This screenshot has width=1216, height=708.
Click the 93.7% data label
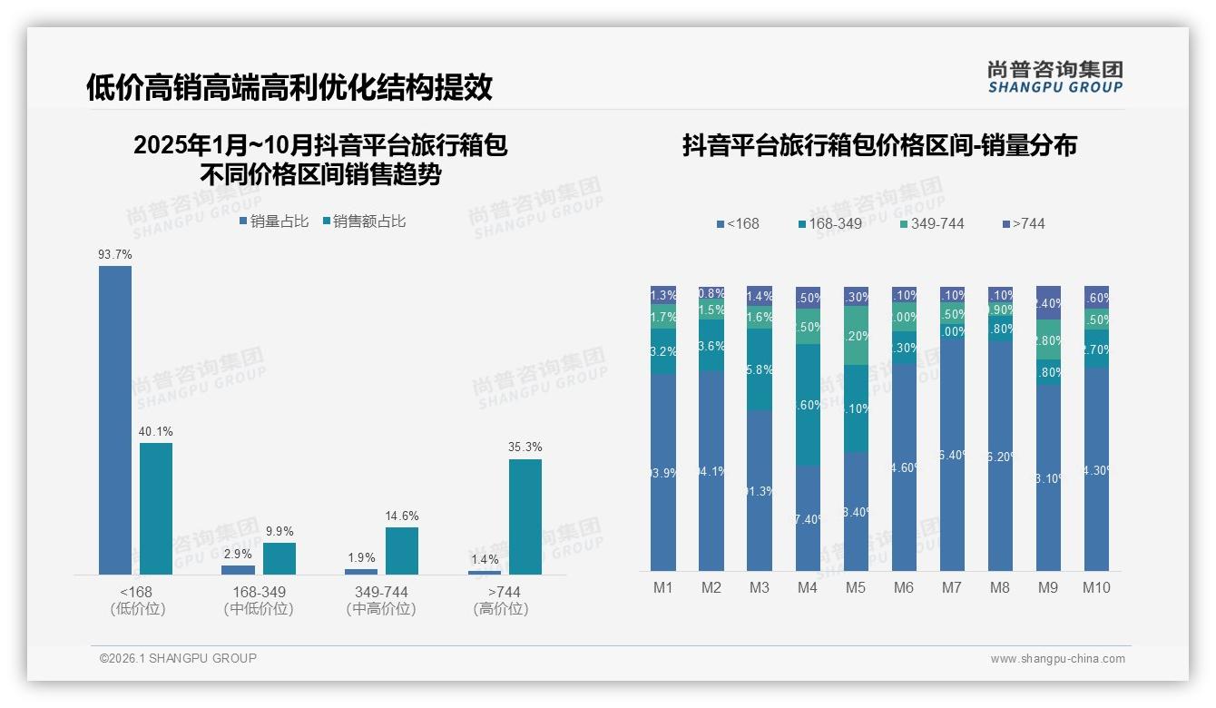pos(115,255)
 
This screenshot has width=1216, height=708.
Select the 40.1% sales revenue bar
pos(156,508)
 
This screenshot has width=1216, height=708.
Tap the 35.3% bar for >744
pos(525,516)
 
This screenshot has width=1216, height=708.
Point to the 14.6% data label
pos(402,516)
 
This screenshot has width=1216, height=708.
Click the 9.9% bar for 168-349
pos(279,558)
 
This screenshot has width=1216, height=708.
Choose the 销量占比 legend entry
pos(274,221)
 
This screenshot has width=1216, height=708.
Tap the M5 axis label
pos(856,587)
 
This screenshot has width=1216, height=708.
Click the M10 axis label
pos(1096,587)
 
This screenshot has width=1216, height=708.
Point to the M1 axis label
pos(663,587)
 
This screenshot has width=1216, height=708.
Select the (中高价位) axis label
pos(381,609)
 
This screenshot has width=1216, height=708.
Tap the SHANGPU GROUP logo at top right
pos(1054,77)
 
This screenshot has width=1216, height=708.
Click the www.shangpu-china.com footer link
pos(1057,659)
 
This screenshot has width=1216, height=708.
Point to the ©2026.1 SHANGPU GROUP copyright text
pos(178,658)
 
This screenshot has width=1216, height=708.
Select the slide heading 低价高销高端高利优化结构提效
pos(289,87)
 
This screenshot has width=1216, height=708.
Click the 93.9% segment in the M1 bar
pos(663,472)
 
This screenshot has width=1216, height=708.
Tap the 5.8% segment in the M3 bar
pos(760,369)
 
